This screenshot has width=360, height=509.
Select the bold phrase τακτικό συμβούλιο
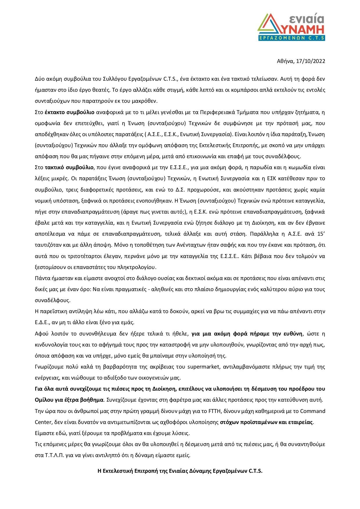click(x=70, y=167)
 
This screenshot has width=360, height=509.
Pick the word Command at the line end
click(x=313, y=411)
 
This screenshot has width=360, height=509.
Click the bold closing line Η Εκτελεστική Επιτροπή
click(x=180, y=471)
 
